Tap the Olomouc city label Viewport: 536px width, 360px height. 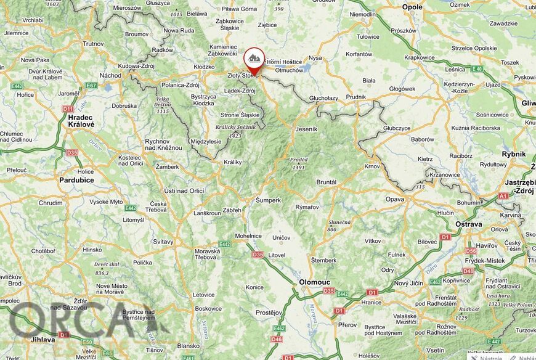coord(314,281)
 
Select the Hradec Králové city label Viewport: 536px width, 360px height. coord(81,120)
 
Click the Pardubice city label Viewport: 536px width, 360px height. coord(76,180)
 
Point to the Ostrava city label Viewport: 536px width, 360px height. coord(468,224)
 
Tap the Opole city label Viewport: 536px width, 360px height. coord(412,7)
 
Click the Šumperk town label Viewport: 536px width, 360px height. coord(268,200)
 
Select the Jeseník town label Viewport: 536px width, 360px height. coord(306,129)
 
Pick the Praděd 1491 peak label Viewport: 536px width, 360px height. coord(299,163)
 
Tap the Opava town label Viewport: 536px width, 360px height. coord(394,199)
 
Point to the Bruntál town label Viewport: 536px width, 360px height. coord(326,182)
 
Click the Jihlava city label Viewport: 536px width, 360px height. coord(38,340)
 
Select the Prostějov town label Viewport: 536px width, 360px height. coord(269,312)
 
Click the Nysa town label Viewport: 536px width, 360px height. coord(315,58)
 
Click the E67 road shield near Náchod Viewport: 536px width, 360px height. coord(91,85)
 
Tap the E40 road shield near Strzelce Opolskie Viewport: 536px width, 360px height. coord(477,69)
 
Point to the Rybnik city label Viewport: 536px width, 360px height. coord(513,154)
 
